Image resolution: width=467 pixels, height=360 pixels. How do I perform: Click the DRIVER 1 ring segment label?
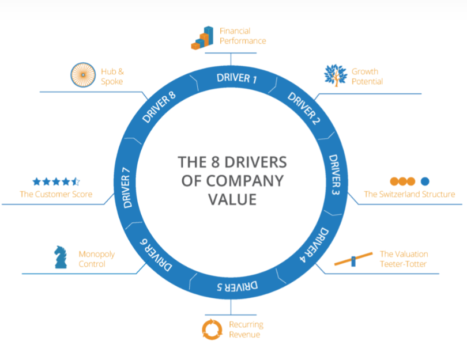tap(236, 78)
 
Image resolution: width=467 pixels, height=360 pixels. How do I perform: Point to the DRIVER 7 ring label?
tap(130, 188)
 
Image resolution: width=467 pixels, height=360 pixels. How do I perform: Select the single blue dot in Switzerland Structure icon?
tap(425, 181)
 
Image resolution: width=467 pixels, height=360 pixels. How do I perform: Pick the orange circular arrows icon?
tap(212, 329)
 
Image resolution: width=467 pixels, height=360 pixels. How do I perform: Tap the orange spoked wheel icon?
tap(83, 76)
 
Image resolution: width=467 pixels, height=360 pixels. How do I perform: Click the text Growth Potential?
tap(367, 77)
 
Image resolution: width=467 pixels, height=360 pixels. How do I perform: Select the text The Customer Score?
tap(56, 194)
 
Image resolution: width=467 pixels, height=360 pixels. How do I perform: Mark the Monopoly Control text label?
tap(92, 259)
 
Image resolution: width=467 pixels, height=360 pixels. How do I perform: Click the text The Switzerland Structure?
tap(409, 194)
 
